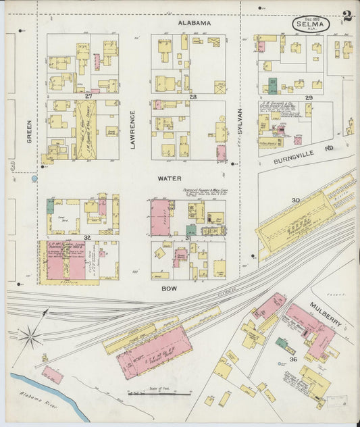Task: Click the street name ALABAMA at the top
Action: tap(195, 23)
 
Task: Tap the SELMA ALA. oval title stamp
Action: tap(311, 25)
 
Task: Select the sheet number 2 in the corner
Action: tap(346, 16)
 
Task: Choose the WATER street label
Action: tap(169, 179)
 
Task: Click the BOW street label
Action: tap(168, 288)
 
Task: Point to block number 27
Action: tap(88, 97)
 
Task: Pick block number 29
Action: tap(309, 99)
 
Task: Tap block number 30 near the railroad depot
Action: tap(295, 200)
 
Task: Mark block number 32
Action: tap(86, 237)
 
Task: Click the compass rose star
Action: tap(30, 335)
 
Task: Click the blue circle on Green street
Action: tap(34, 179)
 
